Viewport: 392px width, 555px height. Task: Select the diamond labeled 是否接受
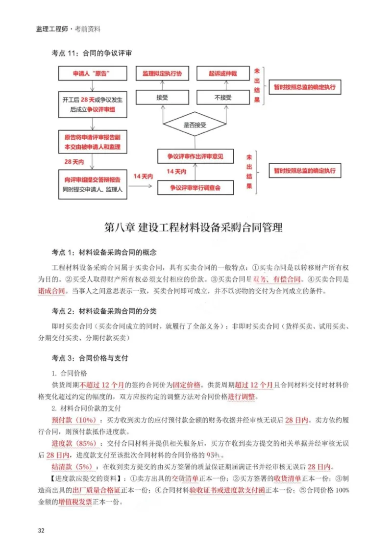tap(195, 125)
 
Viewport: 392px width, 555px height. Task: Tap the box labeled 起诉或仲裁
tap(223, 74)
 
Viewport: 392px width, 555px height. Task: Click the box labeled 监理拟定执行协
tap(162, 74)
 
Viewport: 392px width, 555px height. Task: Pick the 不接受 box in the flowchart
tap(223, 98)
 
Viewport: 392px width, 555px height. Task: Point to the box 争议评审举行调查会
tap(195, 188)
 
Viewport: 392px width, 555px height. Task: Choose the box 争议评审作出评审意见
tap(195, 157)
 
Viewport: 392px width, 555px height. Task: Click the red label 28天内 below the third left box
tap(73, 161)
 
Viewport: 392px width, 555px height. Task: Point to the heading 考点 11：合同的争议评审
tap(91, 52)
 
